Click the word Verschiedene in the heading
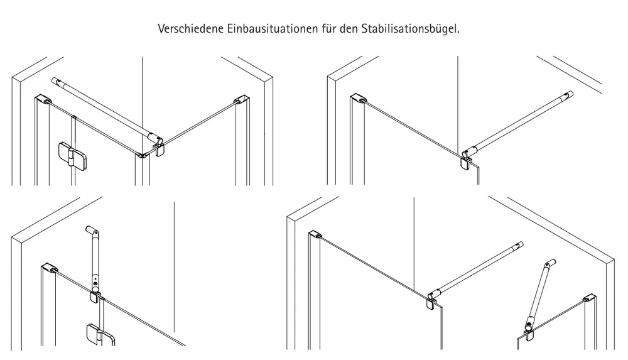(x=191, y=29)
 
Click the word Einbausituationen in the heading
(x=273, y=29)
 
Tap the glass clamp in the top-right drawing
(x=466, y=162)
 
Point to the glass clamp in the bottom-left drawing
(x=95, y=297)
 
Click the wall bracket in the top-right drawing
(x=358, y=99)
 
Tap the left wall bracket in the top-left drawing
(x=43, y=99)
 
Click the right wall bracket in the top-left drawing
(x=242, y=99)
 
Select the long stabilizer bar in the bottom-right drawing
(x=477, y=271)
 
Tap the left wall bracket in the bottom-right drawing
(x=316, y=234)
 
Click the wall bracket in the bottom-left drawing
(x=50, y=268)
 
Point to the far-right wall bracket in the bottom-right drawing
(x=589, y=299)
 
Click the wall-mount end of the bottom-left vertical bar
(x=92, y=231)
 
